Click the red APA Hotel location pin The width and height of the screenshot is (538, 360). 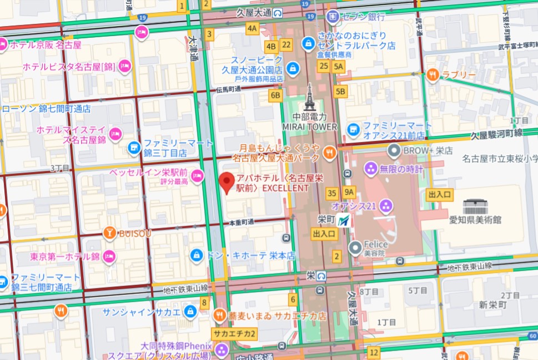click(x=226, y=182)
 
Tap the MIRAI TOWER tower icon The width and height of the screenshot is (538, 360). click(x=309, y=98)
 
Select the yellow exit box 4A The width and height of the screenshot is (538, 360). click(x=253, y=28)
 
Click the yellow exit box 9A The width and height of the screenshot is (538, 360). click(x=349, y=193)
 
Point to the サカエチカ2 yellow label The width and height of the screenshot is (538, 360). click(x=235, y=334)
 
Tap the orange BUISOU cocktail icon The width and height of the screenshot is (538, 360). click(x=109, y=233)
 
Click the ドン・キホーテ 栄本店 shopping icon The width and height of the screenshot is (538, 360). click(x=195, y=255)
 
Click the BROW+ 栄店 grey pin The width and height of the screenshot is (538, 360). click(x=394, y=150)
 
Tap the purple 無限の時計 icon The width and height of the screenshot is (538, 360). click(x=370, y=168)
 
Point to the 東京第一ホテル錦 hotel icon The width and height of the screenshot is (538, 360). click(x=109, y=256)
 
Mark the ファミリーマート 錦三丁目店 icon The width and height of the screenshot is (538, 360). click(x=133, y=147)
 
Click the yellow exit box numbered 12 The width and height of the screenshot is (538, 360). click(x=374, y=353)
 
